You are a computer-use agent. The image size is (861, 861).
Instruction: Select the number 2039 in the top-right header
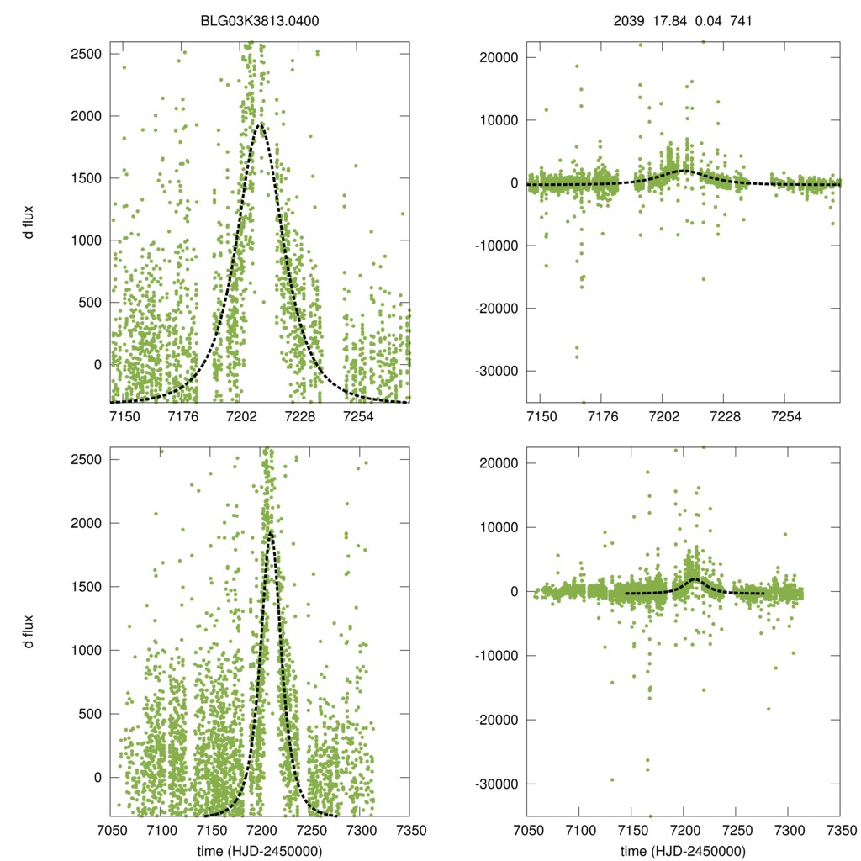pos(628,20)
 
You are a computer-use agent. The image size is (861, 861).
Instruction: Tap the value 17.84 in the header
pos(669,20)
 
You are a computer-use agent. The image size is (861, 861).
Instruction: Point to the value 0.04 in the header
pos(706,20)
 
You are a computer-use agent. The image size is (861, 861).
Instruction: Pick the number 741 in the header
pos(740,20)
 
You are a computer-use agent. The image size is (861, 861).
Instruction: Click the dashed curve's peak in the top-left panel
pos(260,124)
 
